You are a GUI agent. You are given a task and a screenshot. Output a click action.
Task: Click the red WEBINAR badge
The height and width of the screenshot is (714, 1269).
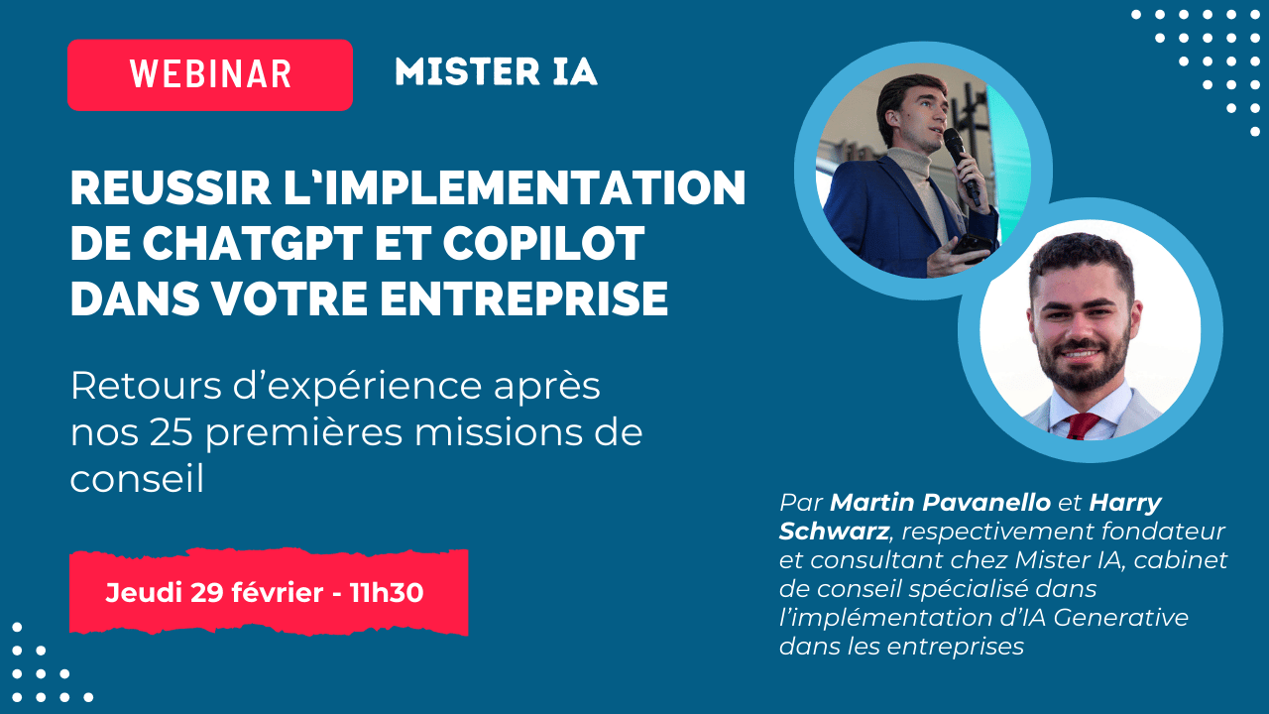(x=210, y=74)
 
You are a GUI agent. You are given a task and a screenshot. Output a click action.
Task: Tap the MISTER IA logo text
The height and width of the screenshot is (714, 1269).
(x=497, y=72)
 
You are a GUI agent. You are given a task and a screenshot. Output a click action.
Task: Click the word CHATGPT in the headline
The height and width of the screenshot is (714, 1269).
(x=252, y=244)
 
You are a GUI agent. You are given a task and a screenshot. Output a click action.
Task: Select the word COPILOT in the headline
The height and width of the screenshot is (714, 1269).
(x=543, y=244)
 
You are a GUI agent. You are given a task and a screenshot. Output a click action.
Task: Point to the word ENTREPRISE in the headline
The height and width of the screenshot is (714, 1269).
(x=524, y=298)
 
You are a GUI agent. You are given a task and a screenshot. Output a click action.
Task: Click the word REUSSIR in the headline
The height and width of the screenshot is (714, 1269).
(x=171, y=188)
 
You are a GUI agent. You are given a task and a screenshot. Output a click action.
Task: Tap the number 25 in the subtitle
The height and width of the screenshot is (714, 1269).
(x=172, y=433)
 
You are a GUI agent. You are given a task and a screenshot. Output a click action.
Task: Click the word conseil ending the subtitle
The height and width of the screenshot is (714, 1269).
(x=137, y=479)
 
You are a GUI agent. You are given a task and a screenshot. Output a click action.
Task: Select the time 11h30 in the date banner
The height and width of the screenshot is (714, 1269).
(x=387, y=593)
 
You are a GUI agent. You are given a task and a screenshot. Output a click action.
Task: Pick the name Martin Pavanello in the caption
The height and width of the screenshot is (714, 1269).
(x=941, y=503)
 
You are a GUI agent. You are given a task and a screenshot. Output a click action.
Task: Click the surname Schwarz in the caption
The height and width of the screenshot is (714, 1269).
(x=834, y=532)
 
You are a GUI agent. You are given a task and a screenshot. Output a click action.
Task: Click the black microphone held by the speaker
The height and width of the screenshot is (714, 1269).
(x=961, y=163)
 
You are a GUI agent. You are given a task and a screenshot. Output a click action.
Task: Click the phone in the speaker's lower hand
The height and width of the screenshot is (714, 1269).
(x=972, y=245)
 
